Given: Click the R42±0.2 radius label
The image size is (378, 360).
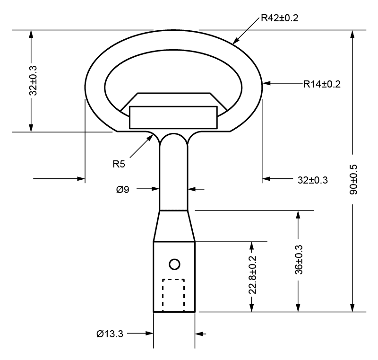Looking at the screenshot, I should (280, 18).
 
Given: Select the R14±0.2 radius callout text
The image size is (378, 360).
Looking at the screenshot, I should (322, 84).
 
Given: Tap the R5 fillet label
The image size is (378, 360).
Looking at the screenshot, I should (119, 165).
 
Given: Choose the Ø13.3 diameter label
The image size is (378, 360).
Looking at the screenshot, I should (110, 334).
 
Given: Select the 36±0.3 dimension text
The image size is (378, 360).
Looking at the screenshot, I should (299, 260).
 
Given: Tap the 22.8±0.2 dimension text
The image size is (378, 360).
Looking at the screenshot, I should (252, 275).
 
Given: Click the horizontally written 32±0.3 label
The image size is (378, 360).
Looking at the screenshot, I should (313, 180).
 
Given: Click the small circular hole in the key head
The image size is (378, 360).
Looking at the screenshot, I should (174, 264).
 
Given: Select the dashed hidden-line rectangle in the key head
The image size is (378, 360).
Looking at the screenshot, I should (173, 295).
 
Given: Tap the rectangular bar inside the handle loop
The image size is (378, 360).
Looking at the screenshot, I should (173, 117).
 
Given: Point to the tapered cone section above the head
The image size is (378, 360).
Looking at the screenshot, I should (174, 226).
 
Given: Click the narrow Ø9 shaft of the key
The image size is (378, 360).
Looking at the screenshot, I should (174, 175).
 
